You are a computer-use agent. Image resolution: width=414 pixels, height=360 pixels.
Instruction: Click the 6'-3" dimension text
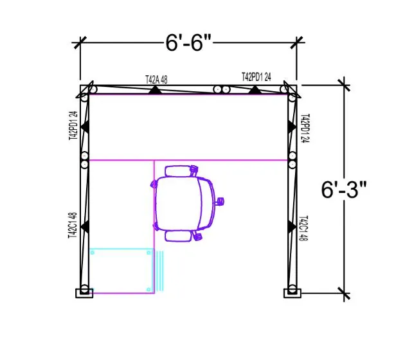345,189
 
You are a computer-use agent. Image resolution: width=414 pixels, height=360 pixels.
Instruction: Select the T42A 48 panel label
156,80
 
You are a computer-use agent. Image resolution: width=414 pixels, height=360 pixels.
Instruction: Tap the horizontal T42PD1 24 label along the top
256,76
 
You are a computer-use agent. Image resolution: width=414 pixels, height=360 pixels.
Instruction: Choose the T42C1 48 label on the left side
74,226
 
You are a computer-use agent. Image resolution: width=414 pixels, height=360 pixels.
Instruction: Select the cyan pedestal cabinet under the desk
122,271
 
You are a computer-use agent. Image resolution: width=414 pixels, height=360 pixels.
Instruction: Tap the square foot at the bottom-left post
84,293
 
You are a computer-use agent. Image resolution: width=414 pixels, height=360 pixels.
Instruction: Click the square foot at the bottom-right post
292,293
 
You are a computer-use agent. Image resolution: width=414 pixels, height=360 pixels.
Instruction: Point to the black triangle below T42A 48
154,89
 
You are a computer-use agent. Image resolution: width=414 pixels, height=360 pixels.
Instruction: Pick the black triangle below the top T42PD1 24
256,89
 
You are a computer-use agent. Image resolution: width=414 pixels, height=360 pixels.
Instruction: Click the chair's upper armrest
179,171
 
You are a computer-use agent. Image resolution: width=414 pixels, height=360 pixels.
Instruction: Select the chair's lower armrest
179,236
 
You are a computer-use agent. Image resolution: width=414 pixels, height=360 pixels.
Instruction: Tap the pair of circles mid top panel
222,89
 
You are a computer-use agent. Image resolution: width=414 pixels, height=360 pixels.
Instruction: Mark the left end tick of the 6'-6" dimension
80,43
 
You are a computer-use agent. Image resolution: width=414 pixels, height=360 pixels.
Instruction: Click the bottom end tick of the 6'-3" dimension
344,294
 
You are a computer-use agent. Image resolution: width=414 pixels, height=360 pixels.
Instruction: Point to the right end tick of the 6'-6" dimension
297,43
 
